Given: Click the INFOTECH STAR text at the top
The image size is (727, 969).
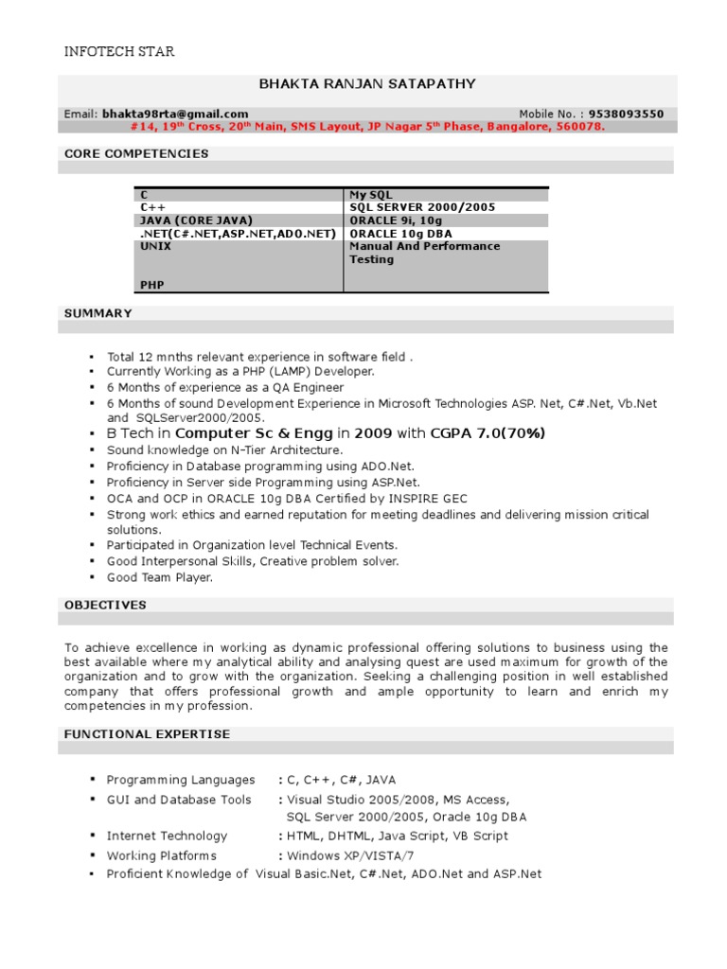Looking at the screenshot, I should point(118,51).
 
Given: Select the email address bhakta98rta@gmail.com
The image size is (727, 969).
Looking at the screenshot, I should point(175,114).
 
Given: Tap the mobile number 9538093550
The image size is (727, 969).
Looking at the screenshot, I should point(626,114).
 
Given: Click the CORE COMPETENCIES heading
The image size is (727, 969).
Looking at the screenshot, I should point(136,153).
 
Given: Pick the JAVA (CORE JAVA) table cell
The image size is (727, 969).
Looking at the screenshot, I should point(197,220).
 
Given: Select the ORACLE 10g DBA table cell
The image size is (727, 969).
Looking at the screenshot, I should point(400,233).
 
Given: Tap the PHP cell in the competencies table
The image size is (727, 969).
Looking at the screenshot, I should point(151,283).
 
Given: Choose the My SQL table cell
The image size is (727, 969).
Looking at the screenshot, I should point(371,194).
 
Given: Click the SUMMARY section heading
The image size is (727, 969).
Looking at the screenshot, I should point(98,312).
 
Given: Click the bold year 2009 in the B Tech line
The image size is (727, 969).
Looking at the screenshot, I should point(373,433).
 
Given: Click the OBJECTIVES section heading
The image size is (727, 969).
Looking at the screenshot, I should point(105,604).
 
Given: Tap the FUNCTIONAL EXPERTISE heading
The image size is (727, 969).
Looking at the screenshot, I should point(147,733).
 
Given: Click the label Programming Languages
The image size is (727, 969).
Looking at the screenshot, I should point(181,780).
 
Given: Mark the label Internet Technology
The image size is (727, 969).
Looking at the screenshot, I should point(168,836).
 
